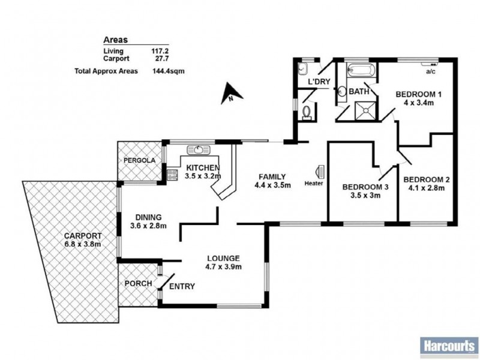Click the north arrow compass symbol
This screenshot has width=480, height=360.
(x=230, y=95)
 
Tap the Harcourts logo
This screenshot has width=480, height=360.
(x=448, y=346)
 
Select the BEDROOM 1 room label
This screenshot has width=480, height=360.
(x=418, y=94)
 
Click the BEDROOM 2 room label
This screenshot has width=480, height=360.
(x=427, y=179)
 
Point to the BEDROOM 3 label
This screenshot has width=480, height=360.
(x=365, y=187)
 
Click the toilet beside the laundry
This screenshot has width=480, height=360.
(x=308, y=112)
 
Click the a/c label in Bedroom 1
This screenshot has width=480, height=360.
(x=430, y=72)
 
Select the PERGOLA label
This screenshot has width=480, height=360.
(x=139, y=161)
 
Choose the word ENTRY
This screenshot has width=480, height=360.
(x=182, y=287)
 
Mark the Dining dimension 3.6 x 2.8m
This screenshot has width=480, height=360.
(x=148, y=226)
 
